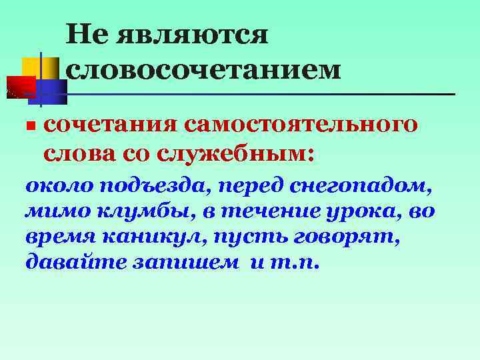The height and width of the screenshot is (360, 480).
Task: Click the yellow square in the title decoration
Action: coord(35,69)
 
